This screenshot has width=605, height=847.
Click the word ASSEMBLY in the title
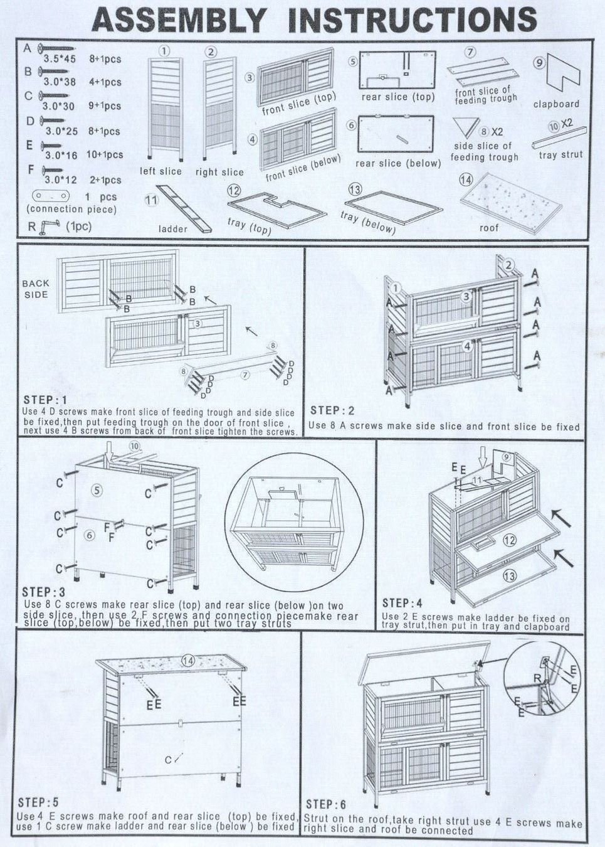179,19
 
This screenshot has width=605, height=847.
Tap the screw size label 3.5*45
60,59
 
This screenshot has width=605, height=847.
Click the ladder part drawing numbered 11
184,209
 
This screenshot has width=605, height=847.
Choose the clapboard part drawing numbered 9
562,74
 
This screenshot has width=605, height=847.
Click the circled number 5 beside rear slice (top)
352,61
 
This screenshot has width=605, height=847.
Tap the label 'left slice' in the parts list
160,171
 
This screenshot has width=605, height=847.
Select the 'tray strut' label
560,154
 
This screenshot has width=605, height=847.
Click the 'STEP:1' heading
45,400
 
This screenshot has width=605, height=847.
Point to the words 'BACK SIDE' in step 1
36,289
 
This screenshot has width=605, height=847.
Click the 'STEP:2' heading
332,410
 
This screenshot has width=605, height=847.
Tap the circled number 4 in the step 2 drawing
468,346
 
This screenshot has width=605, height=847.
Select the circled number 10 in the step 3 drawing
135,446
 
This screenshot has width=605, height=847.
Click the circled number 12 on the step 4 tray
510,540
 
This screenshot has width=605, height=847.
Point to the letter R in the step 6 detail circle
537,679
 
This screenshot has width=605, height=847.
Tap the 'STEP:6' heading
326,804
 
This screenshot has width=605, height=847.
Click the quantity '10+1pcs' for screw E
105,154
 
